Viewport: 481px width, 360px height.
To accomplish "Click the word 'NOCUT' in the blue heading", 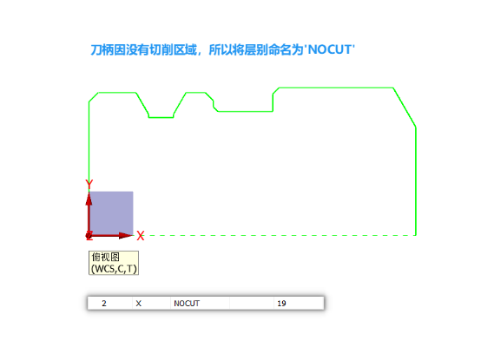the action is tap(330, 49).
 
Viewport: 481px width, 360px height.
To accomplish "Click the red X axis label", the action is tap(141, 236).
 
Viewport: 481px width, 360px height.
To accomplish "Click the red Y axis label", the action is tap(89, 185).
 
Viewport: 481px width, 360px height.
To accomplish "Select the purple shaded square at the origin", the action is tap(111, 213).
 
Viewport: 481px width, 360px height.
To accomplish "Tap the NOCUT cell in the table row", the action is tap(187, 304).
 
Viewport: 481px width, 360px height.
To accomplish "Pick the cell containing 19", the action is tap(281, 304).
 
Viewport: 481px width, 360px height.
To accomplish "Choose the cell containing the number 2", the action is tap(104, 304).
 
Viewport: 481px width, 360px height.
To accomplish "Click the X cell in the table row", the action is tap(138, 304).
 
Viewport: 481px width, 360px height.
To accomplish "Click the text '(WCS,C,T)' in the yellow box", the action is tap(114, 269).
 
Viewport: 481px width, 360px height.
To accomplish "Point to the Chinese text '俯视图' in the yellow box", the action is tap(106, 257).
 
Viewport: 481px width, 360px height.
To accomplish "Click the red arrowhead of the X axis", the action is tap(126, 235).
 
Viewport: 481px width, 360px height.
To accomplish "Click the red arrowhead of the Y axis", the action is tap(89, 199).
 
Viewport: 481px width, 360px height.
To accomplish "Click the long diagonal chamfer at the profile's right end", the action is tap(405, 108).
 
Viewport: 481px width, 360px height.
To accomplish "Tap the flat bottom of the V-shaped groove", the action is tap(161, 117).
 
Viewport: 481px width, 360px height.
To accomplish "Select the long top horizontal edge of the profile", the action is tap(336, 88).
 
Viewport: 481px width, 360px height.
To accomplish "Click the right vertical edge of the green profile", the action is tap(416, 181).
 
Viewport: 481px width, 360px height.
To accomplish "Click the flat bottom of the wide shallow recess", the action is tap(245, 111).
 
